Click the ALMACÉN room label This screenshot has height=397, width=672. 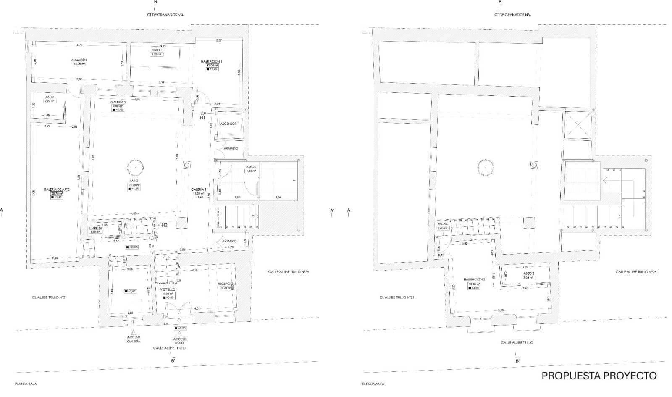[x=79, y=60]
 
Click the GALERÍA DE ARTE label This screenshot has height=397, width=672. [x=56, y=189]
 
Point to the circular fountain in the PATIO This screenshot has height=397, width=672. [x=136, y=168]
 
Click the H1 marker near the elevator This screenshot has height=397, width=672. [x=202, y=118]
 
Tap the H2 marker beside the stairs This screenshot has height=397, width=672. [x=164, y=225]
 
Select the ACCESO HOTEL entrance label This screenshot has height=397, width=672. [x=180, y=341]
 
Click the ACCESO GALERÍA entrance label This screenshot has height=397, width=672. [x=134, y=339]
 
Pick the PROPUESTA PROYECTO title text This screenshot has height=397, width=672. [x=599, y=376]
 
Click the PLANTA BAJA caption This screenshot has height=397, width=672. [x=26, y=384]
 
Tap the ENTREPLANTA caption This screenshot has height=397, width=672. [x=373, y=384]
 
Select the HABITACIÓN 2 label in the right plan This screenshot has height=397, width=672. [x=475, y=279]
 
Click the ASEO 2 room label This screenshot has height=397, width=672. [x=528, y=273]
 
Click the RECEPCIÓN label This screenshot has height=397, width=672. [x=226, y=284]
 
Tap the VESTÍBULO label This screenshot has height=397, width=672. [x=168, y=289]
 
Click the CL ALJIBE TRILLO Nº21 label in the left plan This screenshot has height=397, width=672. [x=50, y=297]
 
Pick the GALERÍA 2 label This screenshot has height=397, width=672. [x=118, y=103]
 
